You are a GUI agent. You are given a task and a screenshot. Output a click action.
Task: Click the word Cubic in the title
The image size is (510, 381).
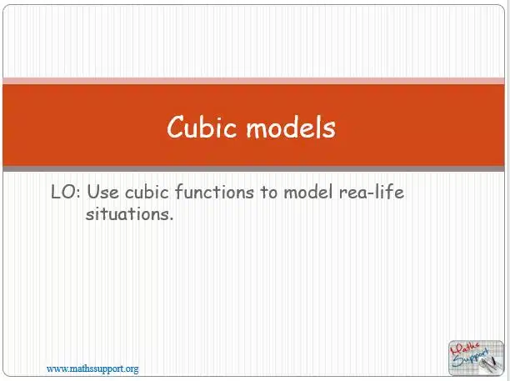click(202, 127)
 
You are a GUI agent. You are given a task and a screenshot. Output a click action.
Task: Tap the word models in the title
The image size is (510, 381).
click(291, 127)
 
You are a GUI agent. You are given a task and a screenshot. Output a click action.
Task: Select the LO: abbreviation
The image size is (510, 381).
click(65, 192)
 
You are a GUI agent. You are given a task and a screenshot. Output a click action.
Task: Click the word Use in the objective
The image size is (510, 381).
click(102, 192)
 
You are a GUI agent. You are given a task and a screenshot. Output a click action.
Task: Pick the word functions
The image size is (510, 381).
click(215, 192)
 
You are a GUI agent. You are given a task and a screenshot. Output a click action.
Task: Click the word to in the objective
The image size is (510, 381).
click(268, 192)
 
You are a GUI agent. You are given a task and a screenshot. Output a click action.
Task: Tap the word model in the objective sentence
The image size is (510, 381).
click(308, 192)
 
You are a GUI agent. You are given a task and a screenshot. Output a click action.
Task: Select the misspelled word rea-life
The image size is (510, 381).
click(372, 192)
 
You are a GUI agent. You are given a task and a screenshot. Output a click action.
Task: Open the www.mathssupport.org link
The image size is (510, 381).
click(92, 369)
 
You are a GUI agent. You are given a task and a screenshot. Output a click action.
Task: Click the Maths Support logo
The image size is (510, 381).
click(476, 358)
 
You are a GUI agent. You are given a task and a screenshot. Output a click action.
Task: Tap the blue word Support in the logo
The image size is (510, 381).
click(471, 358)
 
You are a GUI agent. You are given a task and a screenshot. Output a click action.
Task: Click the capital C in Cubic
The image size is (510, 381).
click(177, 127)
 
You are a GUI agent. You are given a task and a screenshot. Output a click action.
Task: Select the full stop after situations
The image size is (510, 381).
click(171, 219)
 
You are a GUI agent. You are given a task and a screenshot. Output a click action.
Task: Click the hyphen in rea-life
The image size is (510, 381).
click(371, 193)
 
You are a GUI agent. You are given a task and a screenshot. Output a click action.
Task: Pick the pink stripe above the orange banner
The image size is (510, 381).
click(253, 81)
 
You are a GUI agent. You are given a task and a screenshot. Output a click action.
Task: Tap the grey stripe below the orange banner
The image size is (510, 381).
click(253, 168)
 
